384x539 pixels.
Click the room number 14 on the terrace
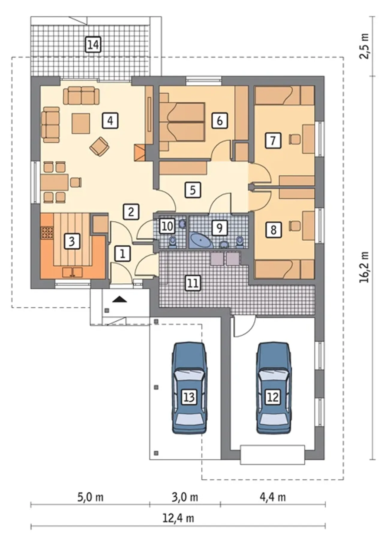click(x=93, y=45)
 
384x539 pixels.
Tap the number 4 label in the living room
click(x=110, y=121)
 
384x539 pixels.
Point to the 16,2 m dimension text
click(x=364, y=267)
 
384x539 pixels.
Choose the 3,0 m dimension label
click(x=185, y=497)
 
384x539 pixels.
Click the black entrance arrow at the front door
click(x=119, y=299)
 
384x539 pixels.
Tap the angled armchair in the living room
click(x=99, y=146)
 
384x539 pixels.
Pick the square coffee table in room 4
click(x=81, y=123)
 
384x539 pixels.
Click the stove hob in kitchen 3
click(x=46, y=232)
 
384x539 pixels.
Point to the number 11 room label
click(x=193, y=283)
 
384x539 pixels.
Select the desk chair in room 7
click(x=295, y=140)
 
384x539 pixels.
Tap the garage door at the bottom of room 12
click(x=273, y=455)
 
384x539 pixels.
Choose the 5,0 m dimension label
click(x=90, y=497)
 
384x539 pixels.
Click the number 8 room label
click(x=273, y=230)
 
